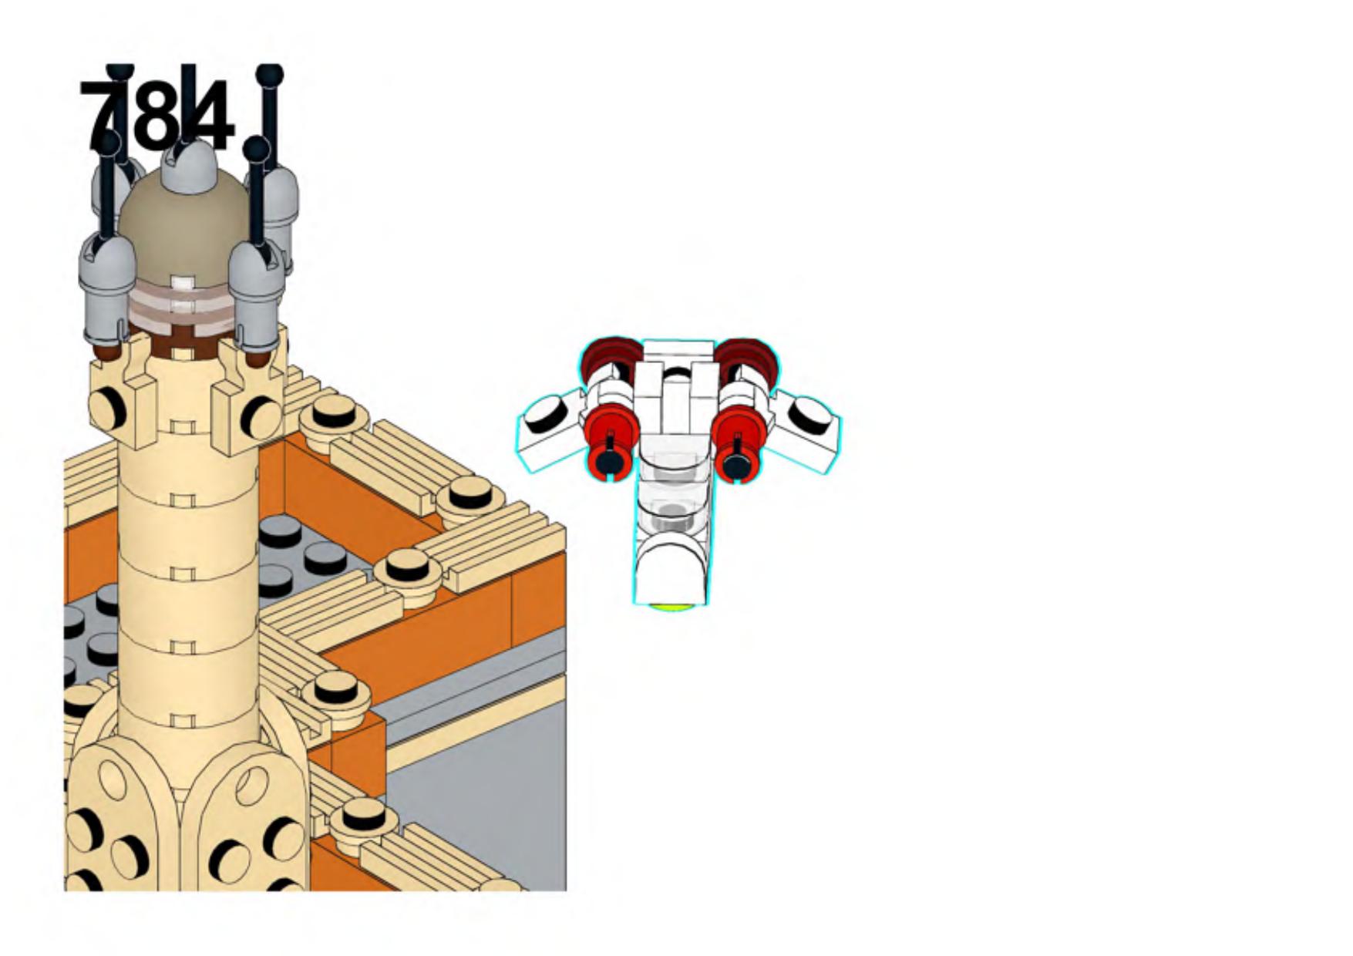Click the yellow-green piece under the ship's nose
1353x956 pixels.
[670, 607]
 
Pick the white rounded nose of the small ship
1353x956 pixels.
[671, 571]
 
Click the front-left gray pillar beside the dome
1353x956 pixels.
[108, 289]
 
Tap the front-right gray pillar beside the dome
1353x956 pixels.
[257, 297]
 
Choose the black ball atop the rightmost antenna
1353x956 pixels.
[270, 76]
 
